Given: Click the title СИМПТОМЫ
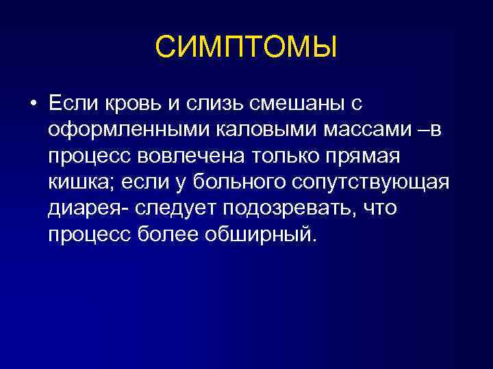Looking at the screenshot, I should pyautogui.click(x=246, y=47).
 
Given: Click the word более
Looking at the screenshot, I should pyautogui.click(x=173, y=234).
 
